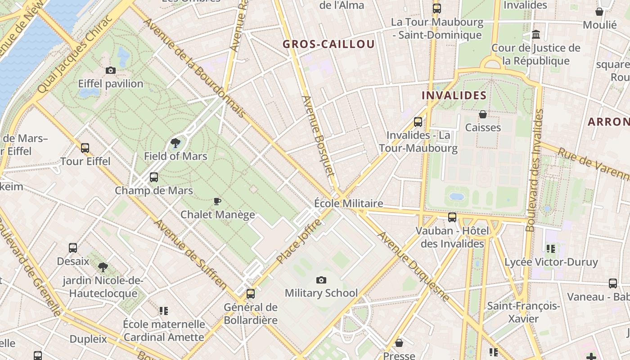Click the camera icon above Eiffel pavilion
(x=110, y=70)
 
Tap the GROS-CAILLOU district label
(x=328, y=44)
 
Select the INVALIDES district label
(x=454, y=95)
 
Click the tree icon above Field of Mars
(x=175, y=143)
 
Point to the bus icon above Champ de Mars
(x=154, y=177)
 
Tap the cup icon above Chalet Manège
(x=217, y=201)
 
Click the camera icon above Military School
(x=321, y=280)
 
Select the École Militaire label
(x=349, y=203)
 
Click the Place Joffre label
(x=299, y=241)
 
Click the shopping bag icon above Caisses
(x=483, y=114)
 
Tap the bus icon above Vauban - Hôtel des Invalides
(x=452, y=217)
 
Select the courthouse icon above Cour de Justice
(x=536, y=34)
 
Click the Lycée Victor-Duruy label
(x=551, y=262)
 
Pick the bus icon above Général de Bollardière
(x=251, y=294)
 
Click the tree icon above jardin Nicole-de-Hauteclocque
(x=103, y=267)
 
